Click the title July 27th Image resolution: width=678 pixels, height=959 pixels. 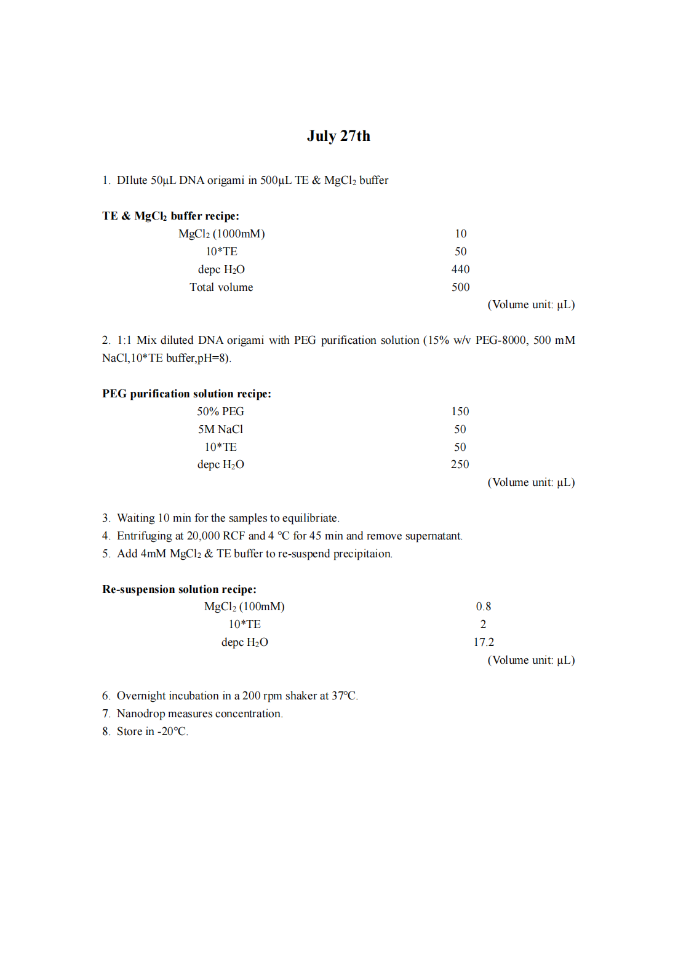click(x=338, y=136)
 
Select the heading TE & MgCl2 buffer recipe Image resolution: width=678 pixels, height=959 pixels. click(x=170, y=216)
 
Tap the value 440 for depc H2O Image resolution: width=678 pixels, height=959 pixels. click(x=460, y=269)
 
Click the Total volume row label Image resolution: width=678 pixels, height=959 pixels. click(x=221, y=287)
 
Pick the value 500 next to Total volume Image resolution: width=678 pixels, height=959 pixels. click(x=460, y=287)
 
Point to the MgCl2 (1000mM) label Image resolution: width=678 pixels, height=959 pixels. click(x=221, y=234)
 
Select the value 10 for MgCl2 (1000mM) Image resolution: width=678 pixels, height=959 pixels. click(x=461, y=234)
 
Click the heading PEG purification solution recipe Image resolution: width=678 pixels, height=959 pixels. click(x=186, y=394)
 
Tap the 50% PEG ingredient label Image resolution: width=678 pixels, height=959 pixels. click(x=220, y=412)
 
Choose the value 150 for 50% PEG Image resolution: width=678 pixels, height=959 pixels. click(x=460, y=412)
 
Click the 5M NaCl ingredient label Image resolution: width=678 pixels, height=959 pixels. click(x=220, y=429)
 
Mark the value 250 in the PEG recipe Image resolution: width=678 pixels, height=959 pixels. click(x=460, y=464)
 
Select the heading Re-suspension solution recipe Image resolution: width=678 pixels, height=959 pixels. click(x=179, y=589)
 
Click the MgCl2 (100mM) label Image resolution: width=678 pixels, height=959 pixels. click(x=244, y=607)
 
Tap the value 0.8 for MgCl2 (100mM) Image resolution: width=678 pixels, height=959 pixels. click(x=484, y=607)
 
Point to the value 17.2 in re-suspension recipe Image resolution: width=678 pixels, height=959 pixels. click(x=484, y=642)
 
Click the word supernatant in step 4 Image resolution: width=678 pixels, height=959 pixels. click(x=433, y=536)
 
